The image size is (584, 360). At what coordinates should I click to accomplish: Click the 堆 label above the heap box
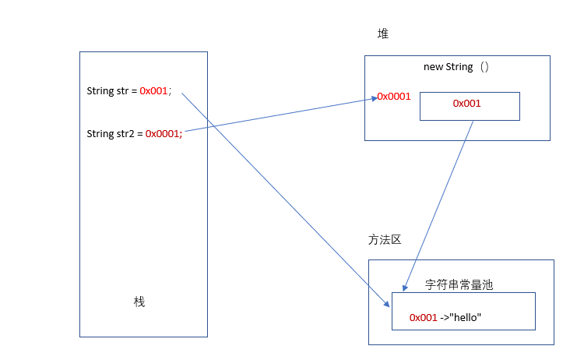click(382, 34)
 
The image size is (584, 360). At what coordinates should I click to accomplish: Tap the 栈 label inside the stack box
click(139, 302)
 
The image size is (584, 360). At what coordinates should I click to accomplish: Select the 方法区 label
click(385, 240)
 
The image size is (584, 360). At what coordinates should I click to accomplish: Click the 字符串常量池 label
click(459, 285)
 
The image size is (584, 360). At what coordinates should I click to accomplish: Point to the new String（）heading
click(456, 67)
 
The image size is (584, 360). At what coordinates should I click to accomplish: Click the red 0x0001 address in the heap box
click(395, 97)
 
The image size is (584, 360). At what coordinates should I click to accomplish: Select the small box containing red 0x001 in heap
click(470, 106)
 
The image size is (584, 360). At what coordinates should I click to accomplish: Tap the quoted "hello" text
click(466, 318)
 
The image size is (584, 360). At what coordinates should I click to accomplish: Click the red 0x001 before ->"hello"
click(424, 318)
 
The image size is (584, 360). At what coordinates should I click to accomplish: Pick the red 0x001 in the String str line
click(154, 91)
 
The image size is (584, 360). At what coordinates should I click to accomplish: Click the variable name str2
click(126, 133)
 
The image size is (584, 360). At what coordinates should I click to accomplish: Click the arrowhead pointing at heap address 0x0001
click(374, 97)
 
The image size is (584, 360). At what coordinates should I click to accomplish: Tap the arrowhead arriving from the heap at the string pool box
click(406, 286)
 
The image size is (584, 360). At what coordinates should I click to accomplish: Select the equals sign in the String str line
click(134, 91)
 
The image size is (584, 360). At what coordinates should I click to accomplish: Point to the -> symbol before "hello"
click(445, 318)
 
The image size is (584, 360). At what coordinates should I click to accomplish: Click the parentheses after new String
click(484, 67)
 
